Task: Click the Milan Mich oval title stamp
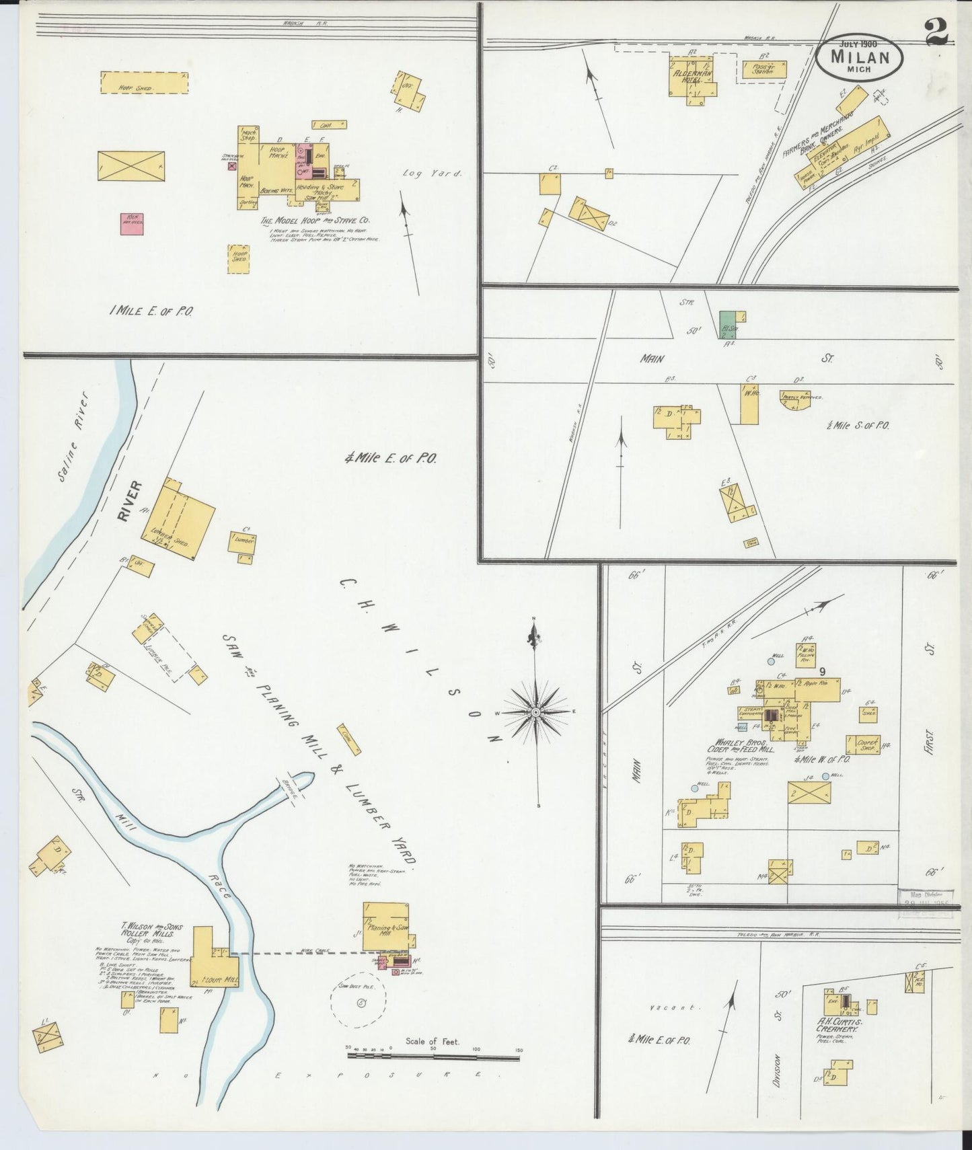(x=860, y=55)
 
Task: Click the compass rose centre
(x=535, y=712)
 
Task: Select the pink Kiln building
(x=133, y=224)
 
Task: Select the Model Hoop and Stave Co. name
(x=315, y=220)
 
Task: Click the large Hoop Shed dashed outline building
(x=144, y=83)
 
